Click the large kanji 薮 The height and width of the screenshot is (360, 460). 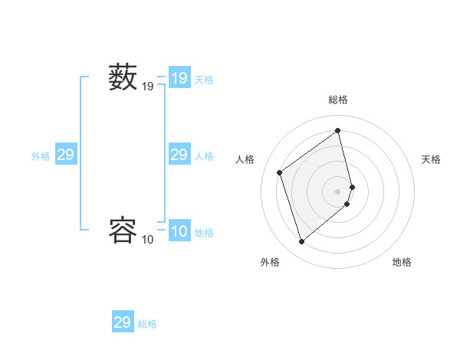[x=123, y=77]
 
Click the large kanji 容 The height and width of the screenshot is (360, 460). [x=123, y=230]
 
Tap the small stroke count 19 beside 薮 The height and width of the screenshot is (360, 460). [x=148, y=87]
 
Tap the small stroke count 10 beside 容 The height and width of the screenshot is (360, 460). [x=148, y=240]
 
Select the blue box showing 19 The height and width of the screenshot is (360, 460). [x=179, y=78]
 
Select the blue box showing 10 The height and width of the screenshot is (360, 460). [x=179, y=231]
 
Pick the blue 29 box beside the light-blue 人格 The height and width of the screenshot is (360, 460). [x=179, y=155]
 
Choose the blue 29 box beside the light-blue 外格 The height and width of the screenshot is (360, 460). [x=66, y=155]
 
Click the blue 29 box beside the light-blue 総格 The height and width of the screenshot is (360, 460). [x=123, y=322]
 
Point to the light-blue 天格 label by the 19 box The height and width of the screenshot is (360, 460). [x=204, y=79]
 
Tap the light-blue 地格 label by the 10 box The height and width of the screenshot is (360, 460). [x=204, y=233]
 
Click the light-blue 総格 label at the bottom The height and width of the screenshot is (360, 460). [x=147, y=324]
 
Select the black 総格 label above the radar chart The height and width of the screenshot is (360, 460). [x=338, y=100]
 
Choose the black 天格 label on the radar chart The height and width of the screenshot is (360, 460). [x=432, y=159]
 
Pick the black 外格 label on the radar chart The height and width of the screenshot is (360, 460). [x=270, y=262]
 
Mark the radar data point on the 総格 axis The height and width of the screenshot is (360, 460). [x=338, y=131]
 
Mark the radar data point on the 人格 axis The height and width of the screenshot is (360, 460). [x=280, y=172]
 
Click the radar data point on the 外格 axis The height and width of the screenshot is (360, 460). [x=302, y=242]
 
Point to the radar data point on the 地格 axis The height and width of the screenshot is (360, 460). [x=347, y=204]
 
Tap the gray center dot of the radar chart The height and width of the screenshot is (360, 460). [x=338, y=191]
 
